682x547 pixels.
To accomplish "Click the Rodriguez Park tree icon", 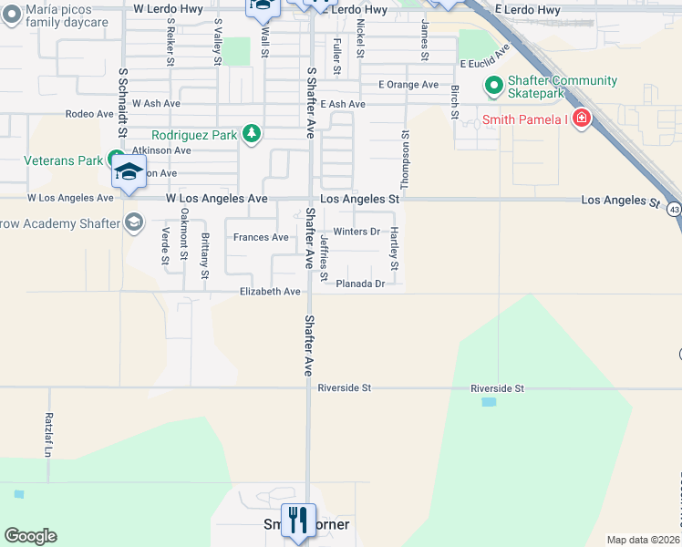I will click(x=252, y=135).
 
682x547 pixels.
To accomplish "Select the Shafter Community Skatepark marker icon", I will click(x=494, y=87).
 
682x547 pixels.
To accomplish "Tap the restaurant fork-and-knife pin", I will click(x=298, y=521).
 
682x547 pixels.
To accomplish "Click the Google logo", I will click(x=30, y=536).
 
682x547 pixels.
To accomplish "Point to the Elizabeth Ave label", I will click(x=270, y=292).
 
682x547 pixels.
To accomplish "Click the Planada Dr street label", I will click(x=361, y=284).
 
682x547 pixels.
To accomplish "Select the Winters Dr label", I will click(x=356, y=232).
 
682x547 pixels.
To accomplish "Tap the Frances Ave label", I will click(x=261, y=238).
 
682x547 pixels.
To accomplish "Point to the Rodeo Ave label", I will click(x=89, y=115).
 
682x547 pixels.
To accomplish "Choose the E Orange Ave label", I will click(x=408, y=85).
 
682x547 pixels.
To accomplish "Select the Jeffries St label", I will click(x=325, y=257).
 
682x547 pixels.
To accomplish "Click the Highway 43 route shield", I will click(x=673, y=210).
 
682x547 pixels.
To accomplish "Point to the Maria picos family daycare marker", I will click(x=10, y=15).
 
